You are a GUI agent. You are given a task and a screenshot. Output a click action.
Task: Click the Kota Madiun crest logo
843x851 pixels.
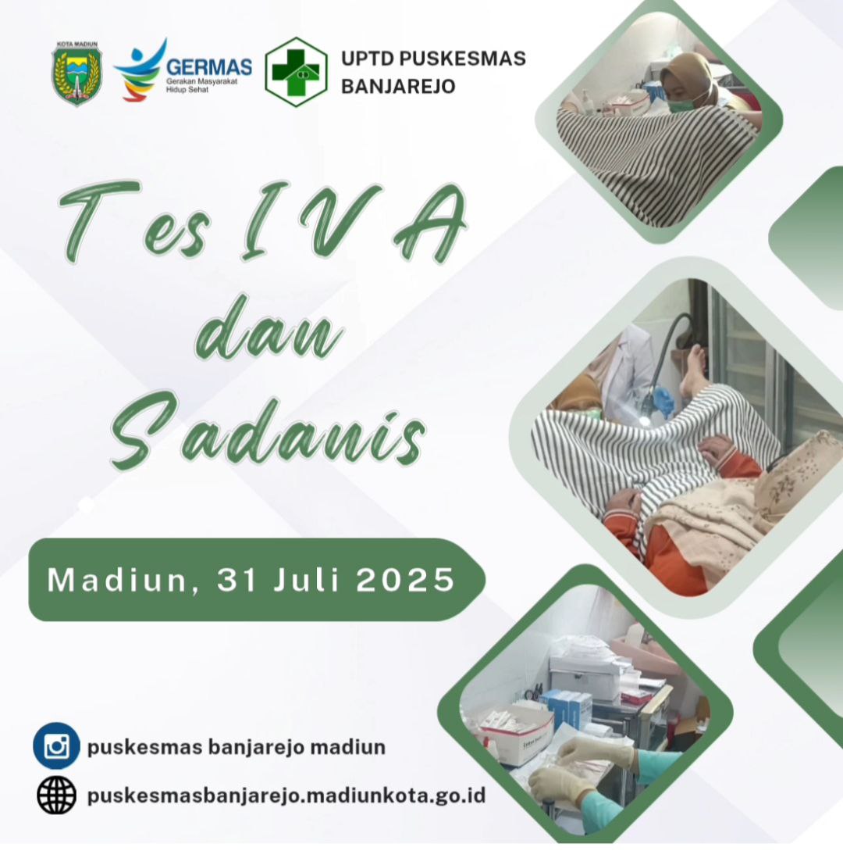click(x=77, y=73)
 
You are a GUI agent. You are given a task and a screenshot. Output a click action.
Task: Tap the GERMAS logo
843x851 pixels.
click(x=183, y=70)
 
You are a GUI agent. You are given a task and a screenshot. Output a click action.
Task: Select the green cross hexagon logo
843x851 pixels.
click(x=296, y=72)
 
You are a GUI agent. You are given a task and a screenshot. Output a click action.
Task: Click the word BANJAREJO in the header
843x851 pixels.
click(x=398, y=86)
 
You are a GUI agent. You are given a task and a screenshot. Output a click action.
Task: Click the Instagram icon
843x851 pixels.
click(x=56, y=746)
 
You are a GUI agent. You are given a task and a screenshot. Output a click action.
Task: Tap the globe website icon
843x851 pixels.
click(x=56, y=795)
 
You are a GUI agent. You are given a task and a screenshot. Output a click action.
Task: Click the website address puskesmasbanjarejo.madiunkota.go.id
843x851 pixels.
click(x=286, y=796)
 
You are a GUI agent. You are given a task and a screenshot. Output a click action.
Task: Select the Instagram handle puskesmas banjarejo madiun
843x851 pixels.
click(x=237, y=747)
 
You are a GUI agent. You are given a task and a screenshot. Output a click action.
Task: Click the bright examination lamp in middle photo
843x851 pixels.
click(x=643, y=421)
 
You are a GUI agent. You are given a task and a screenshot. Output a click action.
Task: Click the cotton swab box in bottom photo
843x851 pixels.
click(x=518, y=734)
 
